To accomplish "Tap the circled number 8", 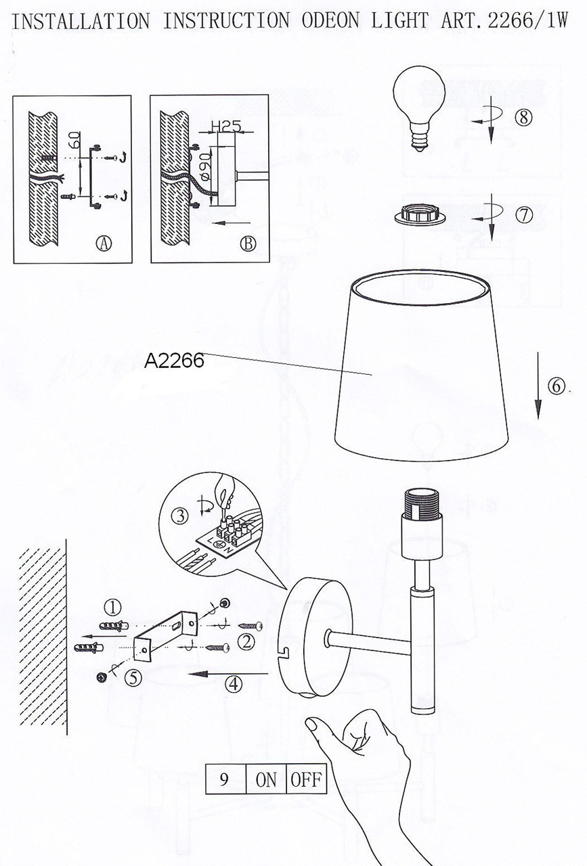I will point(523,117).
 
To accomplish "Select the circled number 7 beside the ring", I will point(523,215).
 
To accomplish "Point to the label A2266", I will point(174,361).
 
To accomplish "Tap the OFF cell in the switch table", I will point(306,779).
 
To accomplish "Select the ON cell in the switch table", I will point(266,779).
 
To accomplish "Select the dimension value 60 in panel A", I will point(76,140).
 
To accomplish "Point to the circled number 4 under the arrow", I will point(234,683).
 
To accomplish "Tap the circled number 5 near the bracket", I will point(133,677).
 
